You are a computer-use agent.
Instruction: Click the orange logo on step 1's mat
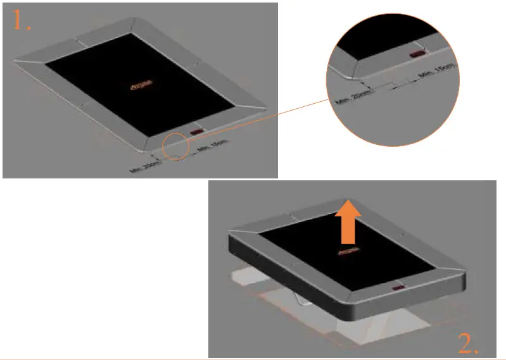pos(140,85)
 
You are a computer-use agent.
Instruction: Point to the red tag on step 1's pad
pos(196,132)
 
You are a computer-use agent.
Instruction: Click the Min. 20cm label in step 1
pos(144,168)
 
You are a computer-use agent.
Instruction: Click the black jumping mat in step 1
pos(127,95)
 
